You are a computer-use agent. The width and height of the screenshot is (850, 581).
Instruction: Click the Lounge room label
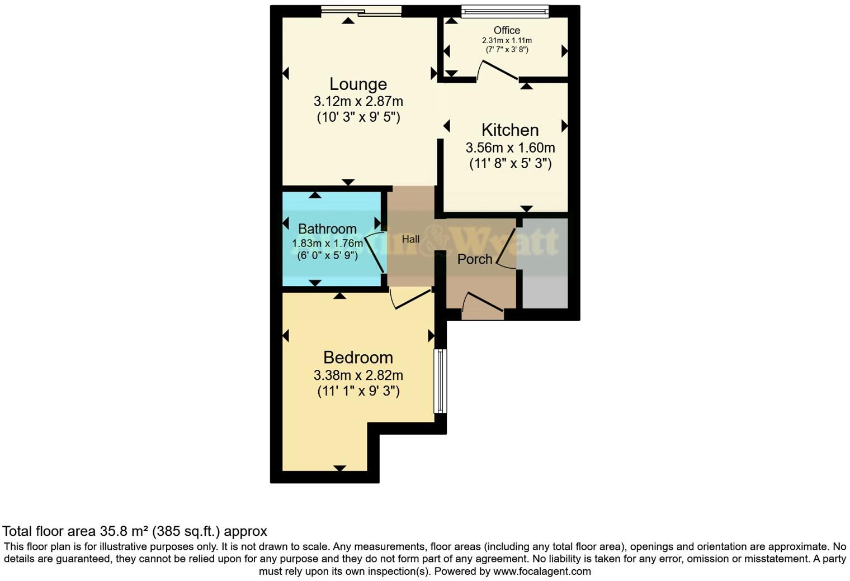click(358, 84)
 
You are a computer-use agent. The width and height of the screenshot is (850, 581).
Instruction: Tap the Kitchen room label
click(510, 130)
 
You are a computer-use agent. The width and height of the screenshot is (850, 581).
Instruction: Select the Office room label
click(507, 30)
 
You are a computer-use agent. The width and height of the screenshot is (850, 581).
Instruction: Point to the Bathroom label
click(327, 228)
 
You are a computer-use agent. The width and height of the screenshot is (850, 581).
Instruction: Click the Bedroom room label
click(358, 357)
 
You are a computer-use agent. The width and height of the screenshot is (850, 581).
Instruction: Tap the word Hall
click(410, 239)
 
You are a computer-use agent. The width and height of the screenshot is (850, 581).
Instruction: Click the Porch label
click(475, 259)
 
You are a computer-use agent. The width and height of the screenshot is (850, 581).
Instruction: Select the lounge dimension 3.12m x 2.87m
click(358, 102)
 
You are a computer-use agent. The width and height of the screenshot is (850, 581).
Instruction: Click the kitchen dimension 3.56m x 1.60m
click(510, 147)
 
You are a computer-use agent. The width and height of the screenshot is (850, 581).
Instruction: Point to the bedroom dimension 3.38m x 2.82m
click(358, 375)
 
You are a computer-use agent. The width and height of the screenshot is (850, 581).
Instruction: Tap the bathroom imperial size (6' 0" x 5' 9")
click(327, 255)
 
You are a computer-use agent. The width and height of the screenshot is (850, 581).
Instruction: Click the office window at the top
click(505, 11)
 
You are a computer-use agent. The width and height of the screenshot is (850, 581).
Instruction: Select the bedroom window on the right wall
click(441, 381)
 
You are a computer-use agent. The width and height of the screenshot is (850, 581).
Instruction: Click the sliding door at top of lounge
click(361, 11)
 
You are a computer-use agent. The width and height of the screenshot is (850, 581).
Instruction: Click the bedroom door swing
click(411, 298)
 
